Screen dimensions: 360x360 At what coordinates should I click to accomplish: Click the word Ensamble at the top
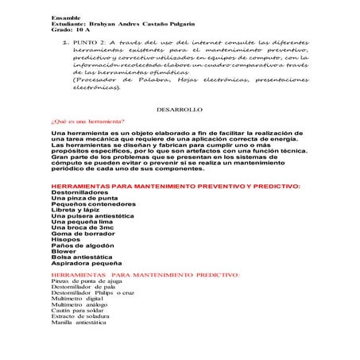pyautogui.click(x=65, y=17)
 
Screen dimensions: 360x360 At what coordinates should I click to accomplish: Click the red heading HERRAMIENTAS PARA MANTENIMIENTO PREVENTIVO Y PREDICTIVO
pyautogui.click(x=175, y=185)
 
